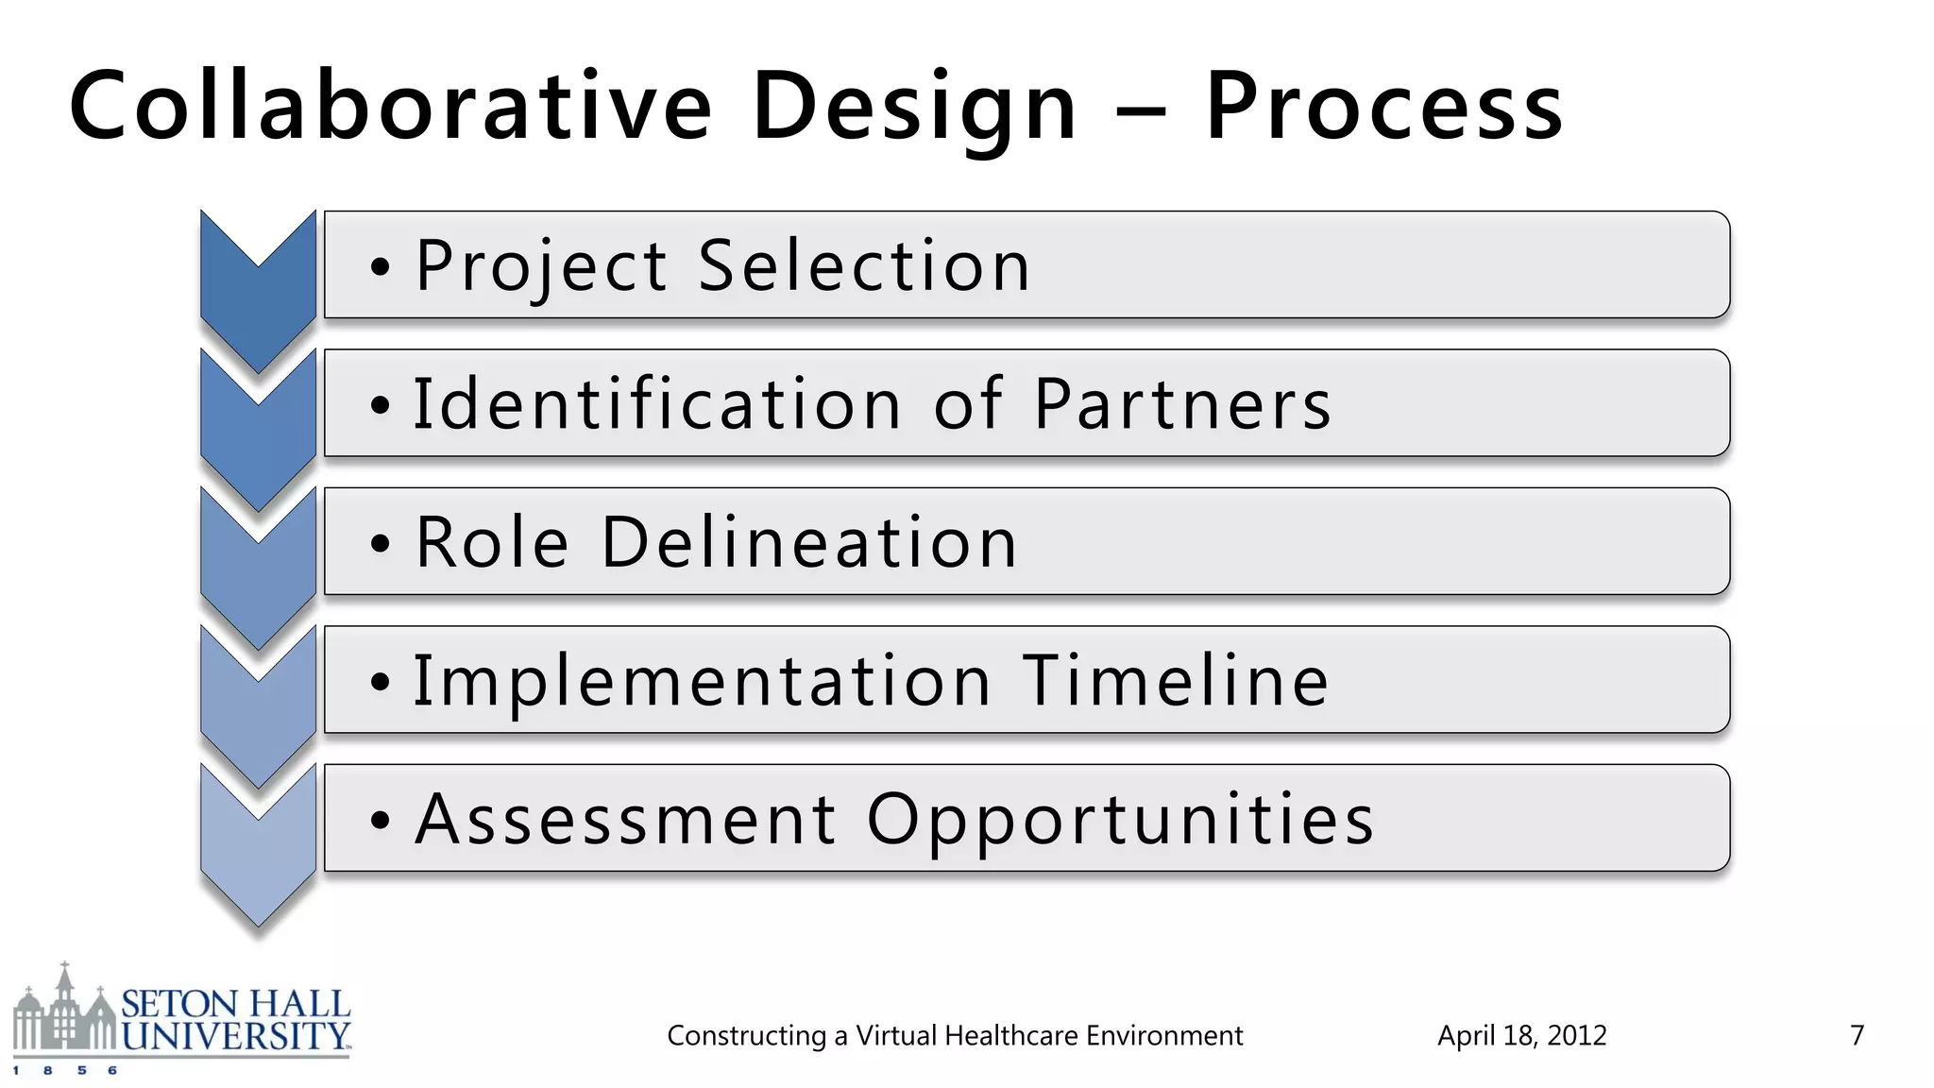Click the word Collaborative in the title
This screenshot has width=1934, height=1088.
[x=390, y=106]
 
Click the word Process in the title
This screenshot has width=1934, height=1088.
[x=1384, y=108]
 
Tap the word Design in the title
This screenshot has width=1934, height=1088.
[x=914, y=108]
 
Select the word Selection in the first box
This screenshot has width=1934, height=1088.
[x=863, y=265]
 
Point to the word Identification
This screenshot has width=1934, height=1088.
[x=657, y=404]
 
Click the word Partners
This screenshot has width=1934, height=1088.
[x=1182, y=404]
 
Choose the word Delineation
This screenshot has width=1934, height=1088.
[x=809, y=542]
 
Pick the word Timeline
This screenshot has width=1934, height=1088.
[x=1176, y=680]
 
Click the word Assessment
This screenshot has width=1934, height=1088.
[x=626, y=818]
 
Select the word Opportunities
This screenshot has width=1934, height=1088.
[x=1120, y=820]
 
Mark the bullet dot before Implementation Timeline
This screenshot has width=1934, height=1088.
[x=380, y=682]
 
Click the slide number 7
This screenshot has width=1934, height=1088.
[x=1857, y=1036]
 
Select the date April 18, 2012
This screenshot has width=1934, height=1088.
[x=1521, y=1036]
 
